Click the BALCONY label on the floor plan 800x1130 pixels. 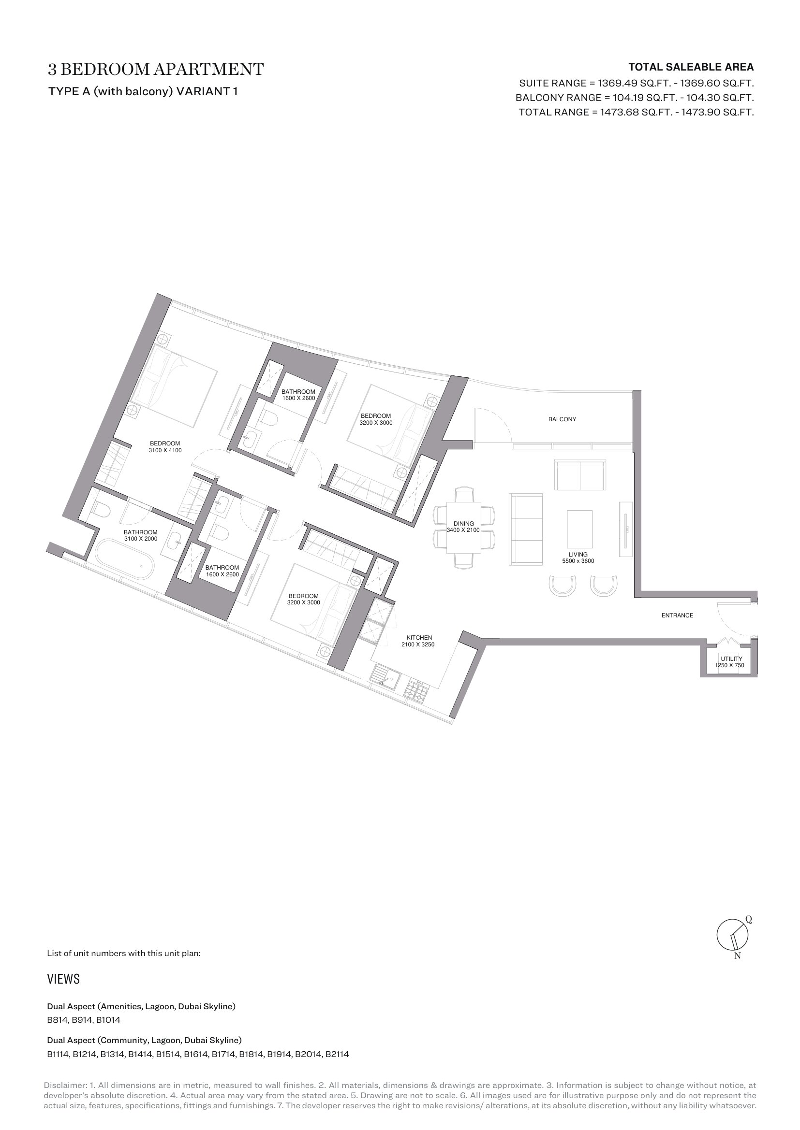coord(562,419)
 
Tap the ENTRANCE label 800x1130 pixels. coord(677,615)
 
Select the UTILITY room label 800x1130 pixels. coord(731,659)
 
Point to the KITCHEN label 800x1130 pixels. coord(419,638)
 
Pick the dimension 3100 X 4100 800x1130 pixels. coord(165,450)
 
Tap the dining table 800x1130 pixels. coord(463,528)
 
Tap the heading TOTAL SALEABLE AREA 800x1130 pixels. coord(691,67)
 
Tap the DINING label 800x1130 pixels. coord(463,524)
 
